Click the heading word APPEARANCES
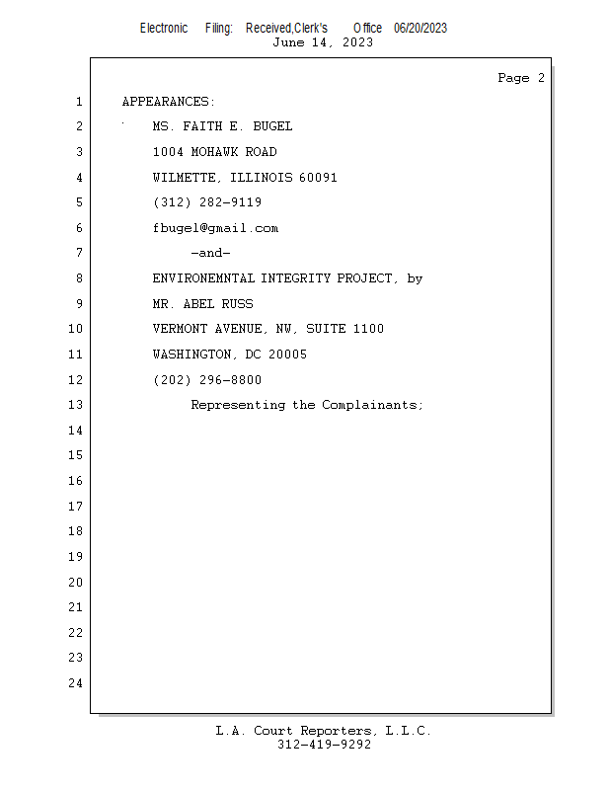165,102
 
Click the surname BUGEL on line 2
272,126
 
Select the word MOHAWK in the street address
214,152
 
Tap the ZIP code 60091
318,178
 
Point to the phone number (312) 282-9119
207,202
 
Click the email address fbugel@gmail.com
215,229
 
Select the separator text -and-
210,253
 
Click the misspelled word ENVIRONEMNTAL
204,278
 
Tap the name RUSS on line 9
237,304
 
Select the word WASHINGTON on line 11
191,355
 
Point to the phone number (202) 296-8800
207,380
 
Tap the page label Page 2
521,78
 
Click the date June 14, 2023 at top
323,42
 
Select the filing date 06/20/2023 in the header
420,29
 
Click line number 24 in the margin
76,683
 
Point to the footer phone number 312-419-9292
324,745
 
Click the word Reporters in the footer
336,731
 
